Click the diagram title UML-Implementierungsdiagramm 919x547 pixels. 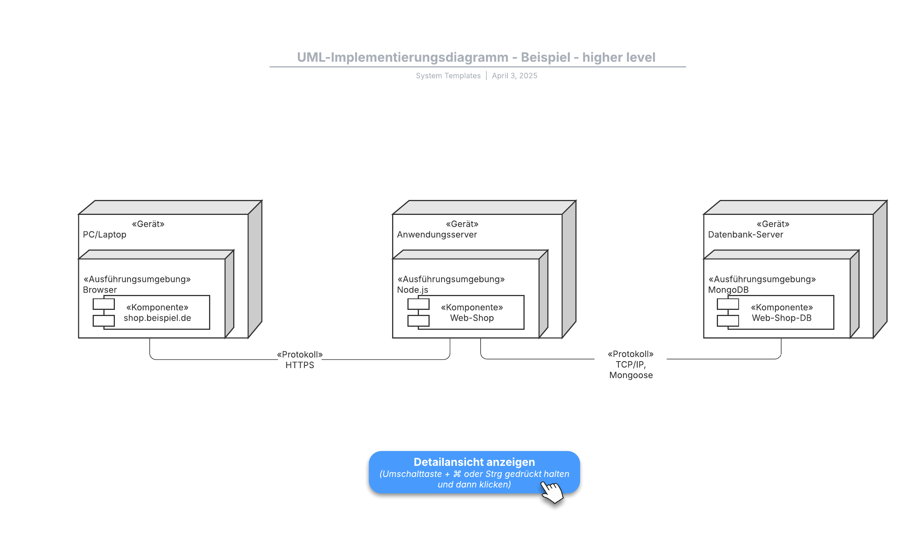click(402, 57)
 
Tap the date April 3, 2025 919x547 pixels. click(515, 76)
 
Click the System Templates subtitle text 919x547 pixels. click(448, 76)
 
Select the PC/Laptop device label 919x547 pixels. click(105, 234)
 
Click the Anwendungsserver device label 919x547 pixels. click(437, 234)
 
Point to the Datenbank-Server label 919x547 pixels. click(746, 234)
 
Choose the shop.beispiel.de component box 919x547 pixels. click(151, 312)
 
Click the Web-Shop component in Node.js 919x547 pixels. click(466, 312)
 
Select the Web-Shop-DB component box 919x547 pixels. click(775, 312)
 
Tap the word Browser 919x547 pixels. click(100, 290)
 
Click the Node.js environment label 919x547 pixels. click(412, 290)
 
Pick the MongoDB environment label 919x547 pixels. click(728, 290)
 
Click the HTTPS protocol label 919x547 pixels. click(300, 365)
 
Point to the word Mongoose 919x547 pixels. click(631, 375)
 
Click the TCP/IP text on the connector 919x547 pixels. click(631, 365)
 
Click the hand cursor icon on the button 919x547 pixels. click(552, 492)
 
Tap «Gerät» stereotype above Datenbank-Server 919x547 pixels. click(773, 224)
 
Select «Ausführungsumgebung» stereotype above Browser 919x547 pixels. click(137, 279)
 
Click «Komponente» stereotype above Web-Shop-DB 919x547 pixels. click(782, 307)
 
